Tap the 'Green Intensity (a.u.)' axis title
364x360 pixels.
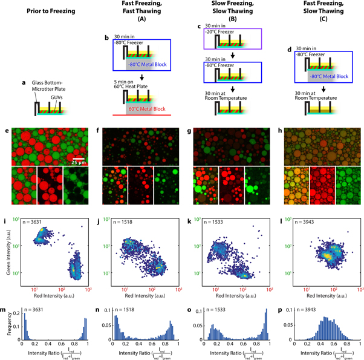5,249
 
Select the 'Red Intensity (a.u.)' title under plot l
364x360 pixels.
317,280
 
